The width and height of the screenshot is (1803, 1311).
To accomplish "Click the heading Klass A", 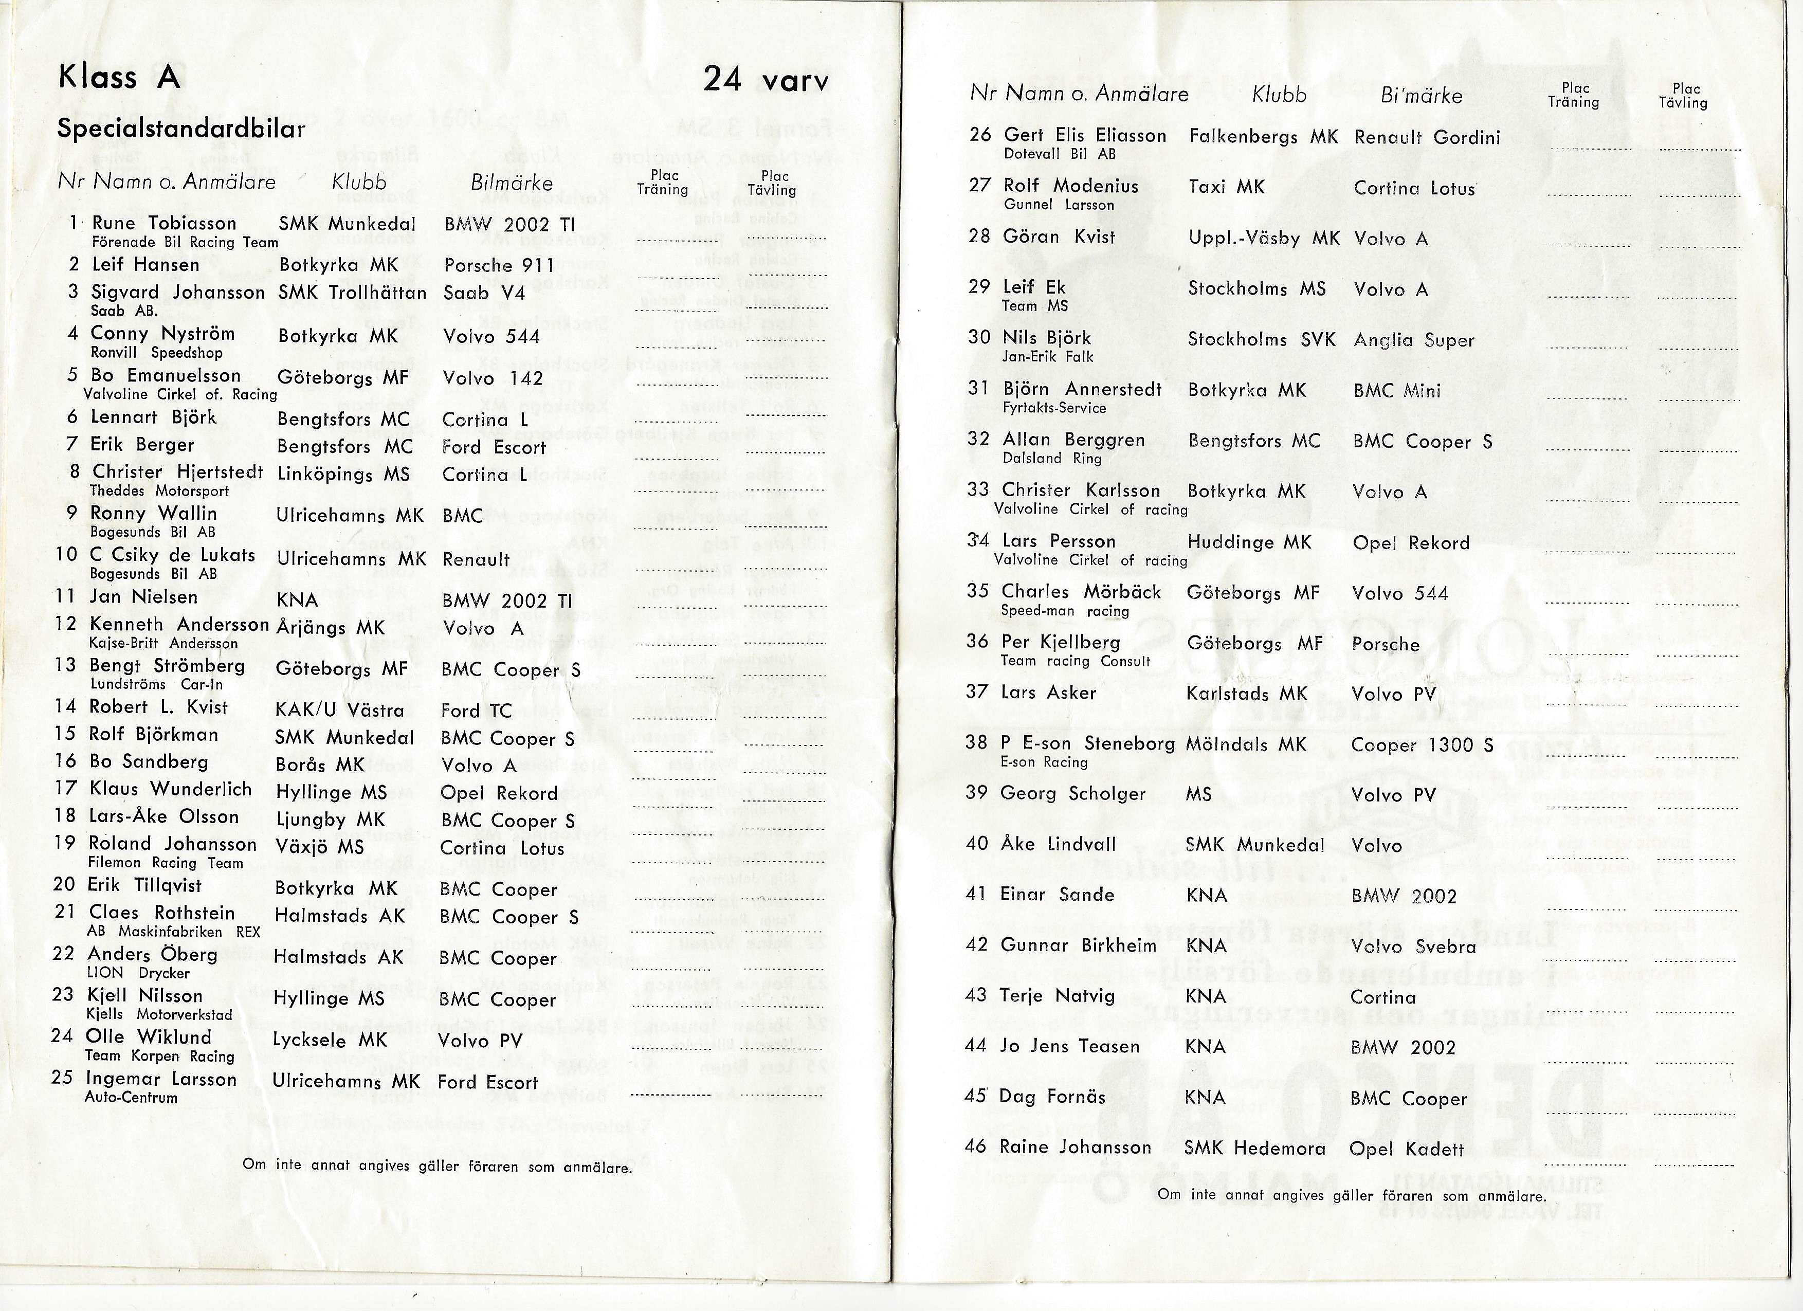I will (x=119, y=77).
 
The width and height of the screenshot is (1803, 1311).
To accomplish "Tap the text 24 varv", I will (x=765, y=80).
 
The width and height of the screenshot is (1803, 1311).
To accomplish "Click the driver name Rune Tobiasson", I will (x=164, y=224).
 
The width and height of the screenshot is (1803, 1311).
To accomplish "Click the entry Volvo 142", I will (x=493, y=378).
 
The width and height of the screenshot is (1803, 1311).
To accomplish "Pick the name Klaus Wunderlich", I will (x=170, y=790).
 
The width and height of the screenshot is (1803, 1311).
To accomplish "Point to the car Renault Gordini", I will (x=1427, y=138).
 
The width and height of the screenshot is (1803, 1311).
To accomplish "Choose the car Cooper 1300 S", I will (x=1422, y=746).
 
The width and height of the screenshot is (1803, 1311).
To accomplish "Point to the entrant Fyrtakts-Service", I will (x=1054, y=408).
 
